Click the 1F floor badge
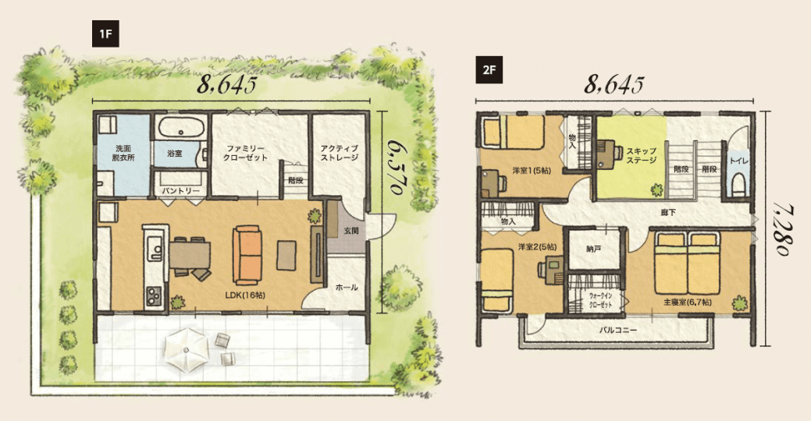click(x=106, y=34)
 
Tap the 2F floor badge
click(x=489, y=71)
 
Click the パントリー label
click(x=181, y=190)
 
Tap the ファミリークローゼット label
click(x=245, y=153)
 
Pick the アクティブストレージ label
click(x=340, y=153)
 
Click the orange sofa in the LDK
click(x=246, y=254)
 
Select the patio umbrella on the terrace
click(x=187, y=349)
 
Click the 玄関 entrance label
click(x=351, y=231)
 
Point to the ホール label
click(x=347, y=287)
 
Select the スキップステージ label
click(x=642, y=155)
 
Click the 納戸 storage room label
click(x=594, y=249)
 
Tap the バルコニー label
click(x=618, y=329)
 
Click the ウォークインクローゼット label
click(x=600, y=300)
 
